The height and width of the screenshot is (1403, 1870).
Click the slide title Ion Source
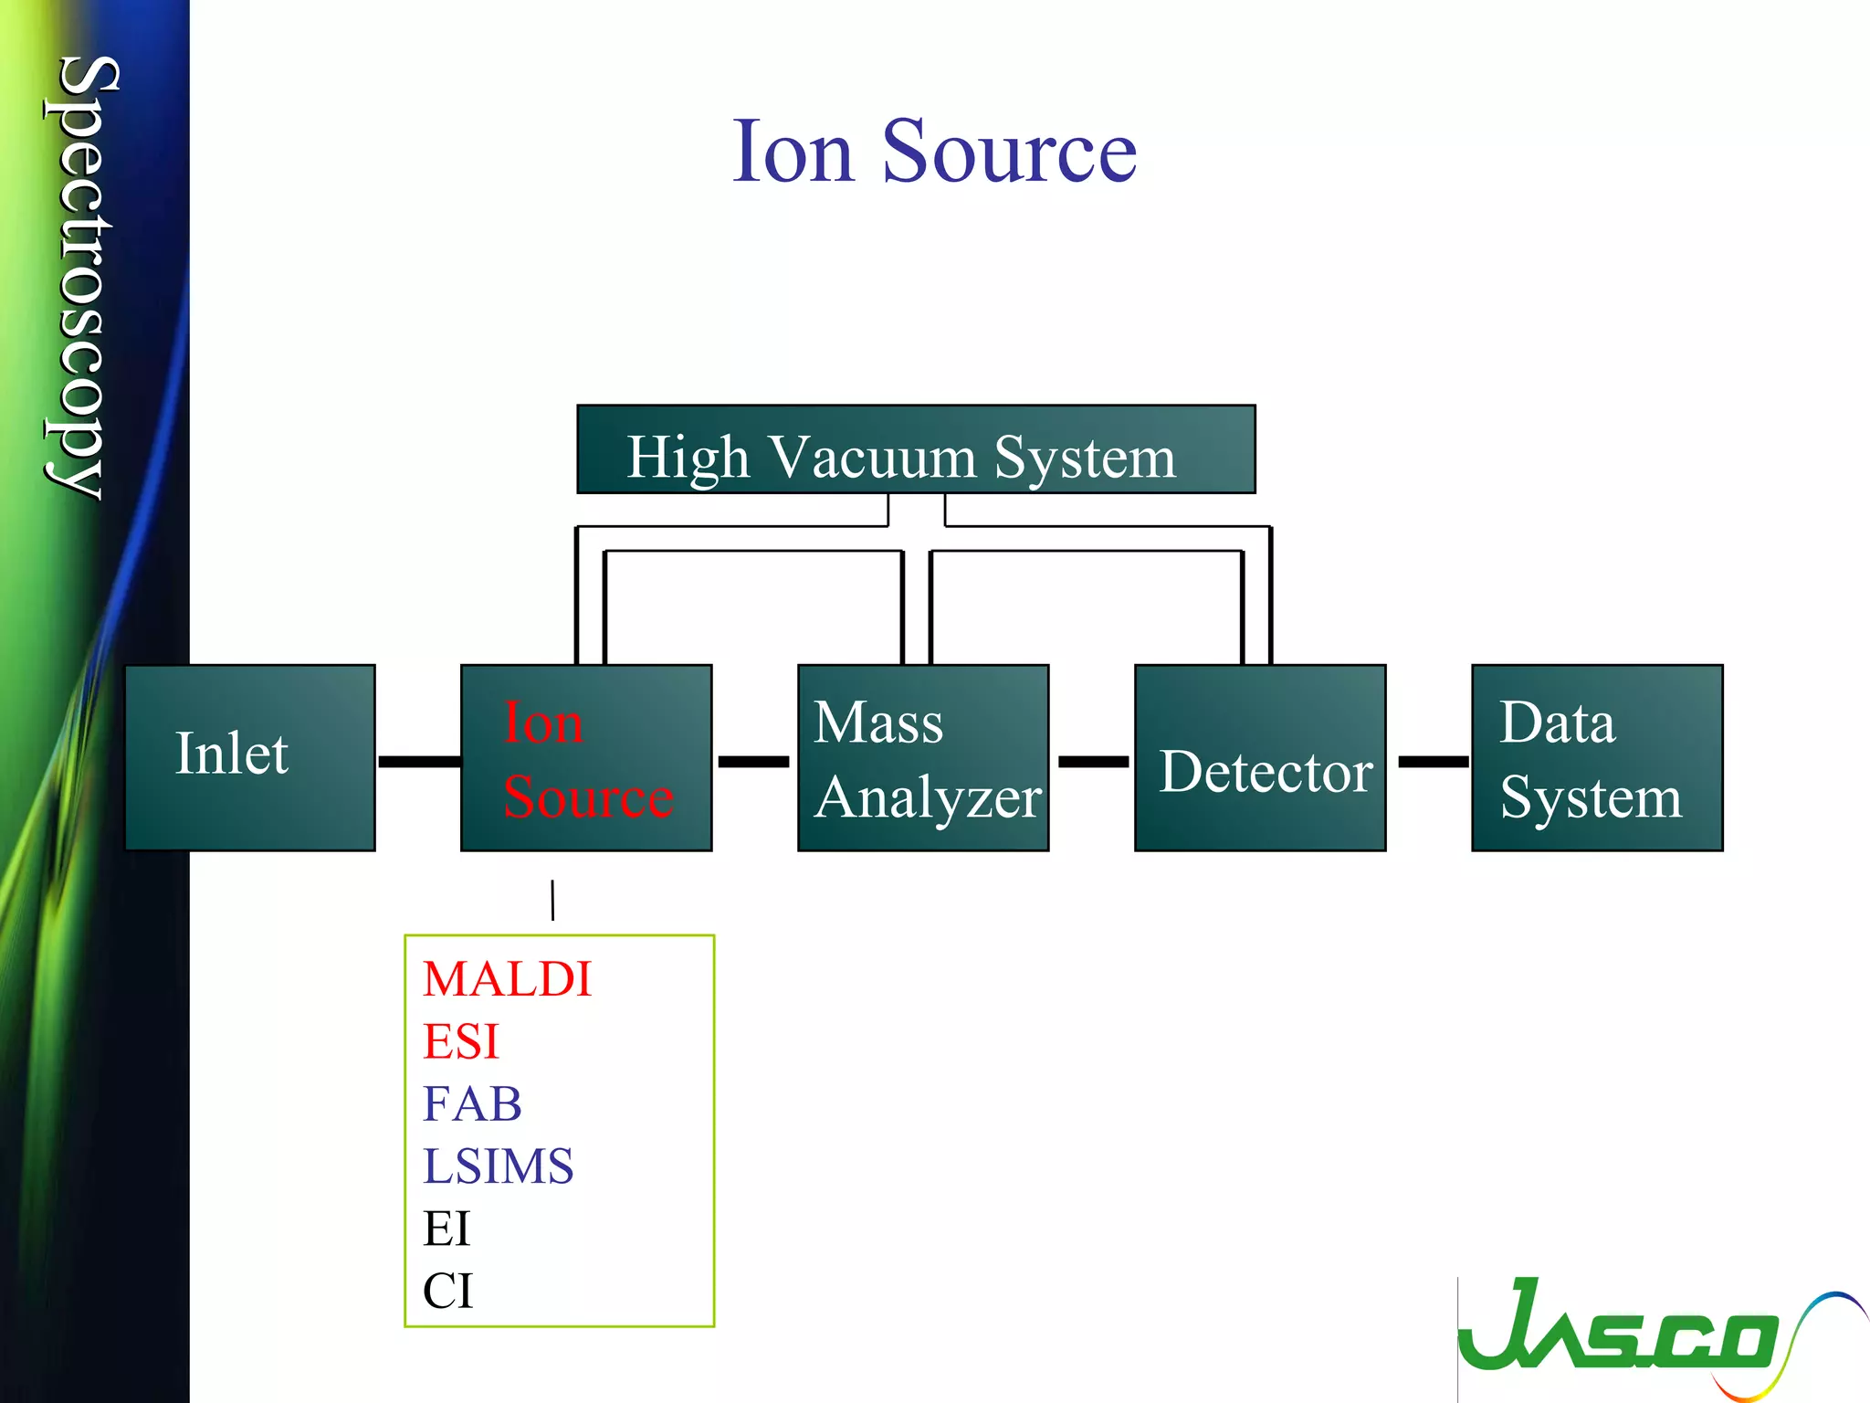click(x=934, y=152)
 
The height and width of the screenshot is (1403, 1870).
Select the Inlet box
click(x=249, y=757)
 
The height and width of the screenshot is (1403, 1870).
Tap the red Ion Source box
click(x=586, y=757)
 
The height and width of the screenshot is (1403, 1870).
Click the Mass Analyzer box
click(x=923, y=757)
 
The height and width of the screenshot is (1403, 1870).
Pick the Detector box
click(x=1260, y=757)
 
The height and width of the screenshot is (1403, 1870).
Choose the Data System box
click(x=1597, y=757)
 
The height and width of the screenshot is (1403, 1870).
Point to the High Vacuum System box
click(x=916, y=449)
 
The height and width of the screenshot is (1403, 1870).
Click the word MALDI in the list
click(x=508, y=979)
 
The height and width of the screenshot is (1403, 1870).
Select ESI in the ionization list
click(x=461, y=1041)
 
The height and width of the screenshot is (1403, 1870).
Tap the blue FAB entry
click(x=472, y=1103)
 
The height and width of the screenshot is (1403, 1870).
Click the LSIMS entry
click(x=498, y=1166)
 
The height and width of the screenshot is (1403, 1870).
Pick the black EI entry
click(x=446, y=1229)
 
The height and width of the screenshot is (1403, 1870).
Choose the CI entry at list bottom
click(x=447, y=1291)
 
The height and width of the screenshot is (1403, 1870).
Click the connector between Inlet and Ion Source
click(x=419, y=761)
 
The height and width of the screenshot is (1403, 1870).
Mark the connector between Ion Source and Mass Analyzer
click(x=753, y=761)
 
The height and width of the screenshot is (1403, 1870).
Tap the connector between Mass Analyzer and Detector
click(x=1093, y=761)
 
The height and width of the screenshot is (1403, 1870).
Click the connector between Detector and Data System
click(x=1433, y=761)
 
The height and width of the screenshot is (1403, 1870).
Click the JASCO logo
click(x=1644, y=1334)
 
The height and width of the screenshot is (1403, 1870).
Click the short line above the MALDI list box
click(x=552, y=900)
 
